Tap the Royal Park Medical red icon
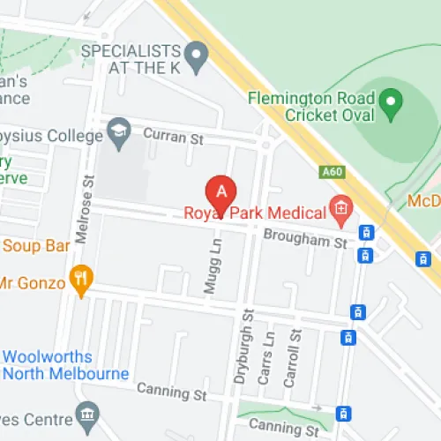pyautogui.click(x=340, y=210)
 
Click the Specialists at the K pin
pyautogui.click(x=200, y=59)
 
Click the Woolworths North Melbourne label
pyautogui.click(x=65, y=365)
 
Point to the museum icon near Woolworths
pyautogui.click(x=86, y=414)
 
